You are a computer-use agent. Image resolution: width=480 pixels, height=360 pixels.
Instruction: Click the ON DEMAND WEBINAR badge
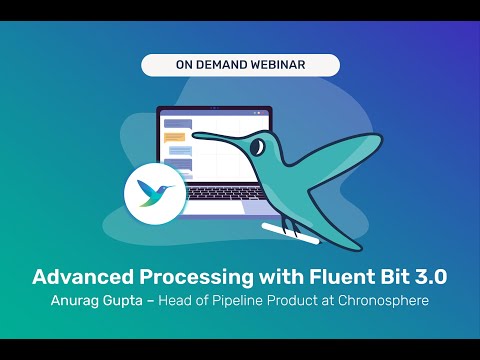pyautogui.click(x=240, y=65)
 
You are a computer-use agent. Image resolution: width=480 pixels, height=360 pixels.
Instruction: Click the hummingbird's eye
pyautogui.click(x=258, y=147)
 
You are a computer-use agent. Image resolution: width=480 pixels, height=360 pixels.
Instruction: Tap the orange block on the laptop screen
pyautogui.click(x=176, y=134)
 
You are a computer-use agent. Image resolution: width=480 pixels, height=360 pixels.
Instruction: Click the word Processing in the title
pyautogui.click(x=191, y=275)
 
